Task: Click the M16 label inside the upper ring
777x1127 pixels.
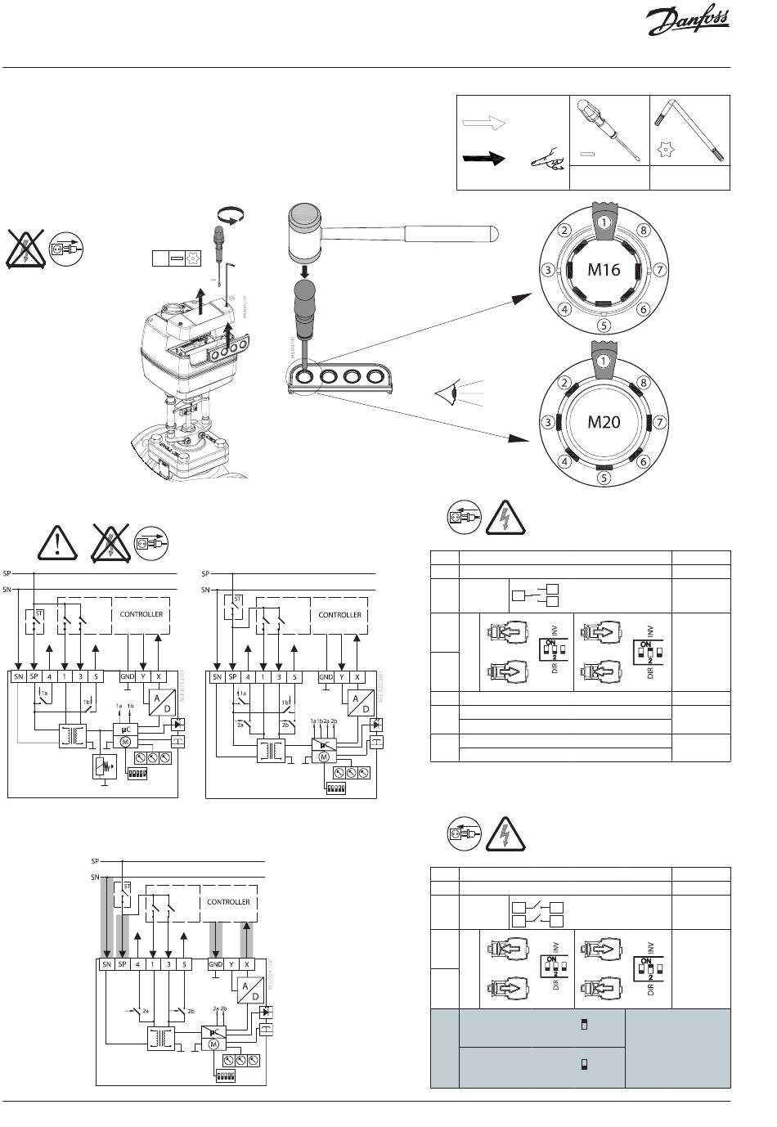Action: point(604,268)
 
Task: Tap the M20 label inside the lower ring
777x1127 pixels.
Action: point(604,422)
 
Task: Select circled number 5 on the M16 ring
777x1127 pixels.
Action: point(604,324)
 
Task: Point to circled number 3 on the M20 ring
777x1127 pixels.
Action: point(546,423)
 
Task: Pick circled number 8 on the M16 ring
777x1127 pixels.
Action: point(643,231)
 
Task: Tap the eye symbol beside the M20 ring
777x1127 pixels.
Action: point(446,395)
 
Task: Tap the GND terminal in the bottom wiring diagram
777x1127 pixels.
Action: point(215,964)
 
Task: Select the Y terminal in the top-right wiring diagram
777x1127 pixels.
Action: point(342,676)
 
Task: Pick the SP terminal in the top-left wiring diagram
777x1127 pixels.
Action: point(34,676)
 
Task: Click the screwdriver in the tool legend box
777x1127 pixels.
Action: point(609,131)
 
